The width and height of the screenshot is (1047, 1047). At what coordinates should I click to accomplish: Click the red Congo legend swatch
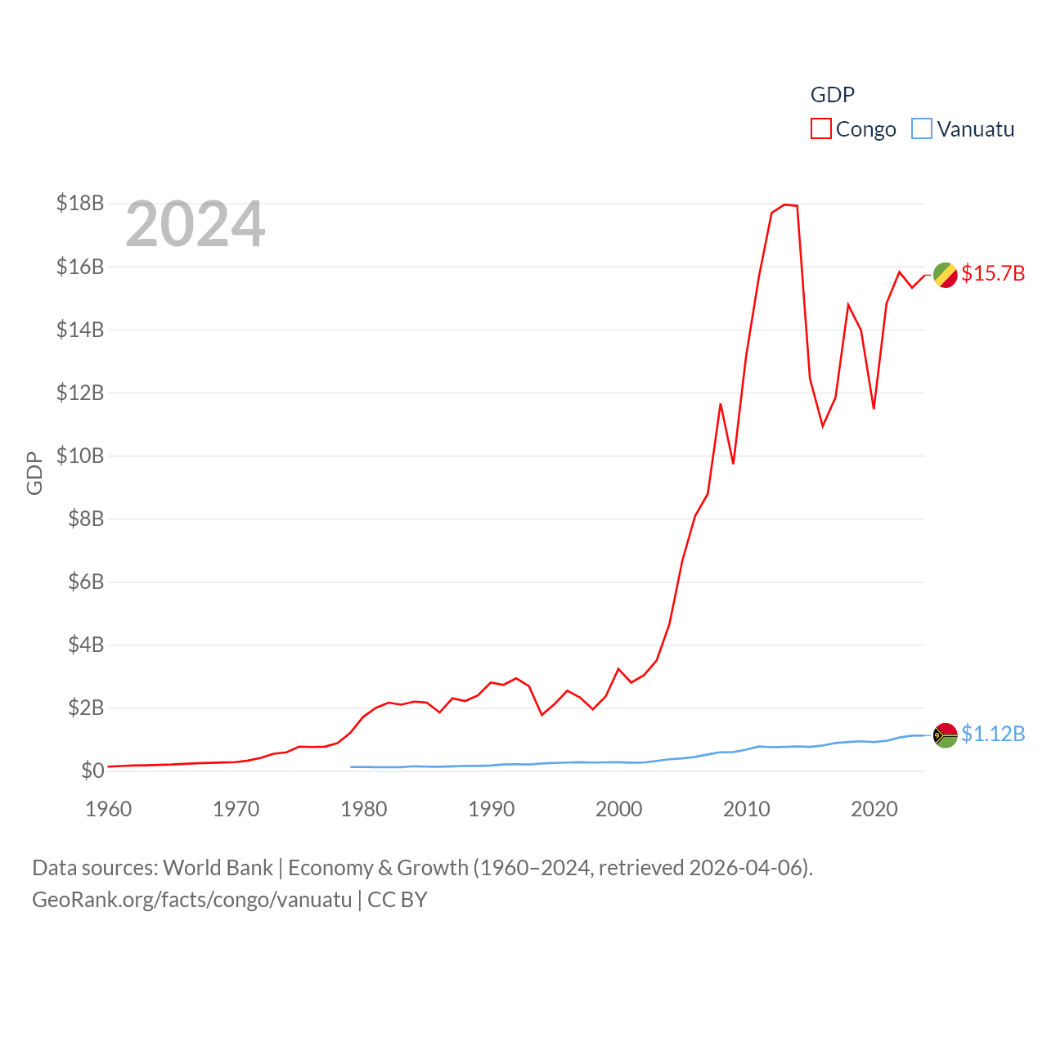[820, 129]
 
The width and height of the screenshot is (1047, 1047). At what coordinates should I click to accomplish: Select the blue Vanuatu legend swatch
[922, 129]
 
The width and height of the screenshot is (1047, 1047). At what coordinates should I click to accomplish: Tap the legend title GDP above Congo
[832, 95]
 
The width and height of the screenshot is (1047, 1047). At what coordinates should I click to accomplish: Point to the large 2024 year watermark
[195, 223]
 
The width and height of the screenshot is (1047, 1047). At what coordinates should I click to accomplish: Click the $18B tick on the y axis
[80, 203]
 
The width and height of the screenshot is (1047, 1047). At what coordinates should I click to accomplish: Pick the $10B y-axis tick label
[80, 456]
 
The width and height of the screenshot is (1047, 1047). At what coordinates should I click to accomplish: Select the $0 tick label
[92, 771]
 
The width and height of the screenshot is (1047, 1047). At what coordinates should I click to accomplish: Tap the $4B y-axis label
[86, 645]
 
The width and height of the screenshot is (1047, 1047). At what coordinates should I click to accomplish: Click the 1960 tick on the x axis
[109, 809]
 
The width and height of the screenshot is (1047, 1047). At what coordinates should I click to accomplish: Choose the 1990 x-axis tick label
[492, 809]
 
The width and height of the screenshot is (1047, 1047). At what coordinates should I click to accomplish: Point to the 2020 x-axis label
[874, 809]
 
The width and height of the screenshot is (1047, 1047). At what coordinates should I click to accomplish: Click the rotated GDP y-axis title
[34, 473]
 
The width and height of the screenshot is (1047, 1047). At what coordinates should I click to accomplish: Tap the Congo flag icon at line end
[945, 275]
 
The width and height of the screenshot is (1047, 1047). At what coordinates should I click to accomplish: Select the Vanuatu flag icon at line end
[945, 735]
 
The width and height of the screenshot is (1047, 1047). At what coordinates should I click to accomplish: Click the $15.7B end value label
[993, 273]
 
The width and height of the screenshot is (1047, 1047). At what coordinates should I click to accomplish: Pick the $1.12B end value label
[993, 734]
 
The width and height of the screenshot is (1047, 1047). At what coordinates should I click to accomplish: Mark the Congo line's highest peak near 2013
[785, 204]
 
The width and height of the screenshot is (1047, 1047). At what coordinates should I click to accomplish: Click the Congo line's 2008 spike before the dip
[721, 404]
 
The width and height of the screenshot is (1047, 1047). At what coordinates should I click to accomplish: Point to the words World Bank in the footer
[218, 868]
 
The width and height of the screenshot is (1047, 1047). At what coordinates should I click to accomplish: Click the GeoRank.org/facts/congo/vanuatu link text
[192, 900]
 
